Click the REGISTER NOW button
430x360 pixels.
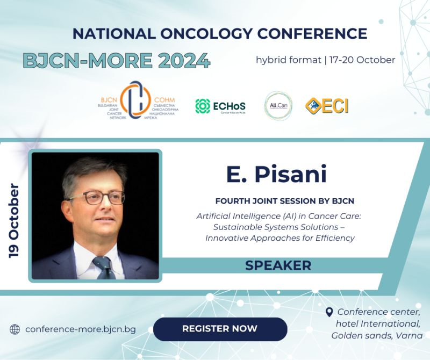pos(220,329)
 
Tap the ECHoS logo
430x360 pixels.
pos(220,106)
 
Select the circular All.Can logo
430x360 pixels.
pos(278,105)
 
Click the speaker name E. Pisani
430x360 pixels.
pos(276,176)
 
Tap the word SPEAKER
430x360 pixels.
pos(278,265)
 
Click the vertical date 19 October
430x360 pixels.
pos(15,220)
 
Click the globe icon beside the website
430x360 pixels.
pos(15,329)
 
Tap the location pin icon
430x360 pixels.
pos(329,312)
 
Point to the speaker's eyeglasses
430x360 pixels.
pos(97,197)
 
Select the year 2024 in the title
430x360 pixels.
pos(180,61)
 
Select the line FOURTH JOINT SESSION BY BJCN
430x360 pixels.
pos(284,201)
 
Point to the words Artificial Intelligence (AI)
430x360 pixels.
pos(242,216)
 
